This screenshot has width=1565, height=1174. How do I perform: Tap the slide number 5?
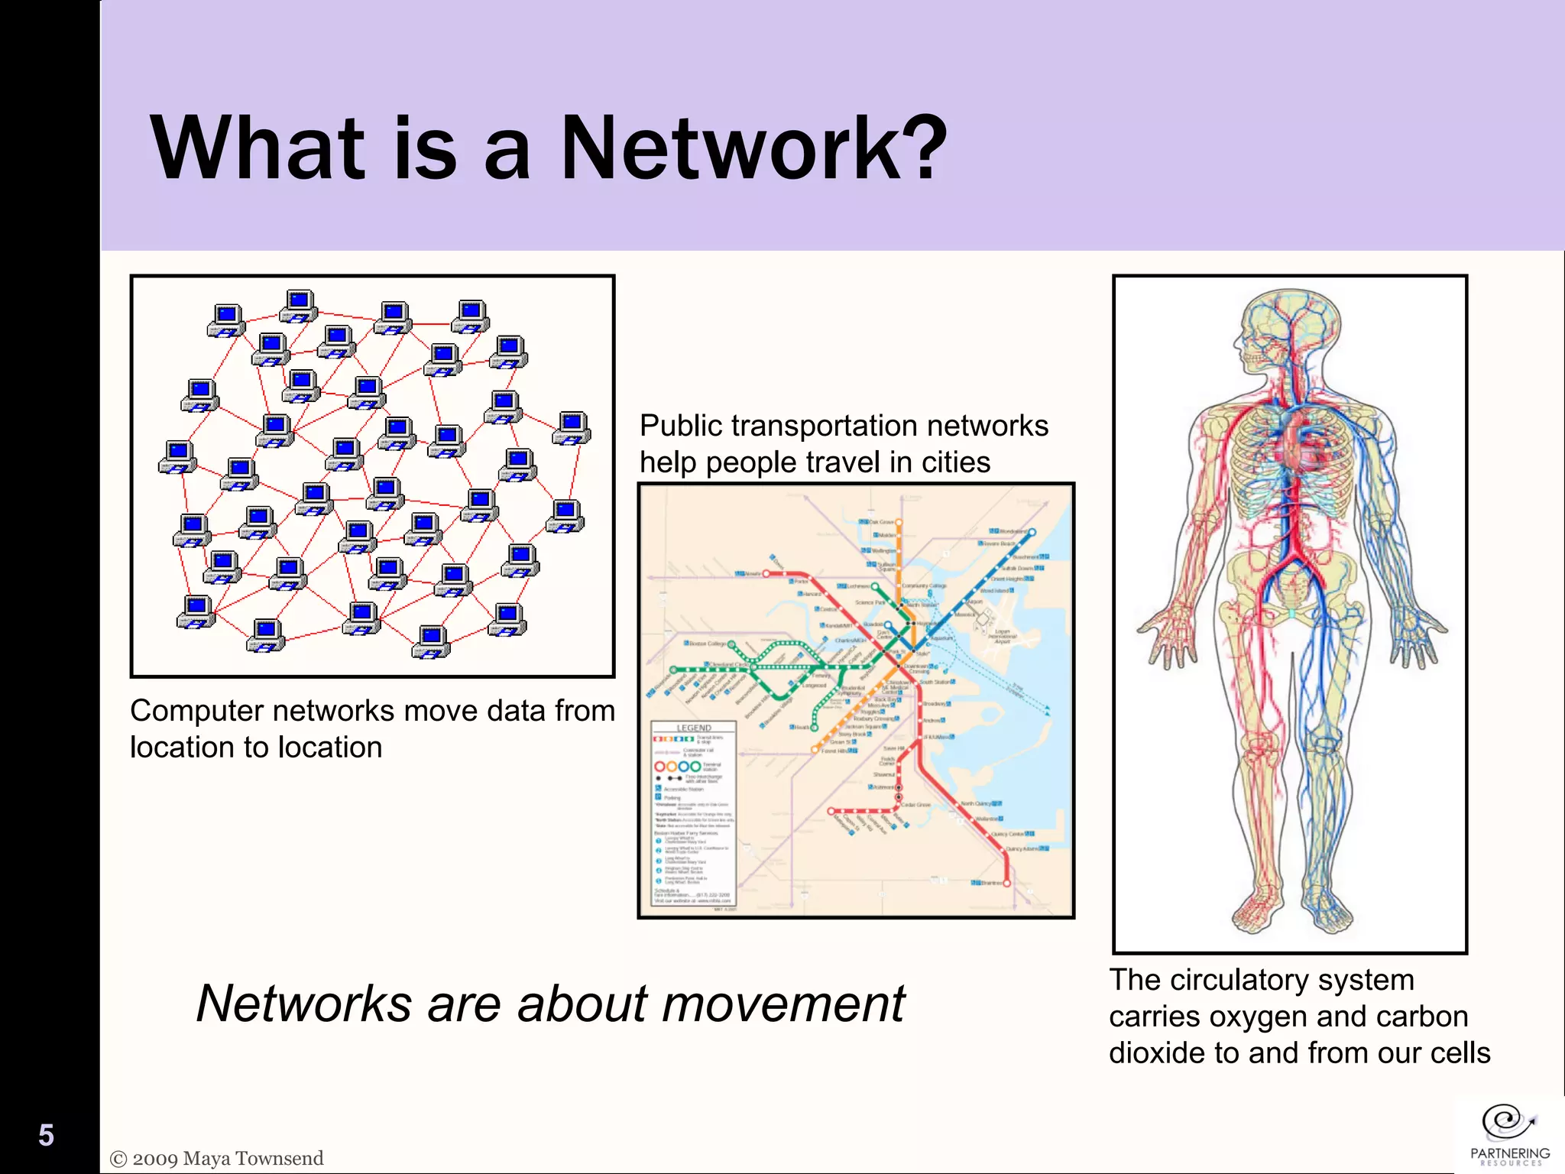click(x=46, y=1136)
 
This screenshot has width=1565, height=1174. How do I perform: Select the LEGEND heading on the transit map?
click(x=694, y=728)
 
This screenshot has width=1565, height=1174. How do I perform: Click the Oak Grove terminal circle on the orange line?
click(x=899, y=523)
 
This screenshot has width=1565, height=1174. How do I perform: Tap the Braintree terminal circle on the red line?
click(x=1007, y=884)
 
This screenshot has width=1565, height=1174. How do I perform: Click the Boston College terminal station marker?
click(x=731, y=644)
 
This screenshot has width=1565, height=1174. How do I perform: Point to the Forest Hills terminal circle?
click(x=815, y=751)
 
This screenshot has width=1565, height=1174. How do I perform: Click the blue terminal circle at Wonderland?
click(x=1032, y=531)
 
